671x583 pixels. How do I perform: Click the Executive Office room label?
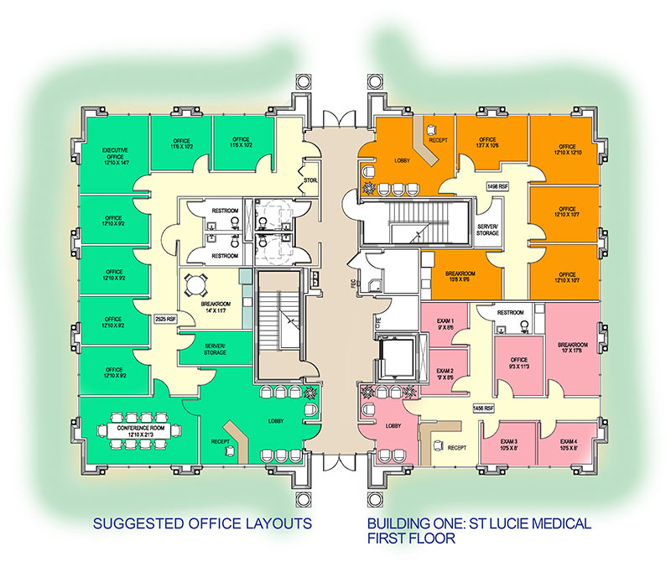tap(116, 156)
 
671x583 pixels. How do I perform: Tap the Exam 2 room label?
tap(445, 374)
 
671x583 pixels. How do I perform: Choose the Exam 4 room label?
tap(569, 445)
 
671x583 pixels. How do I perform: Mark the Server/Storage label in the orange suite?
tap(488, 230)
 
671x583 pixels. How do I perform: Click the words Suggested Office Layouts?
tap(202, 524)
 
